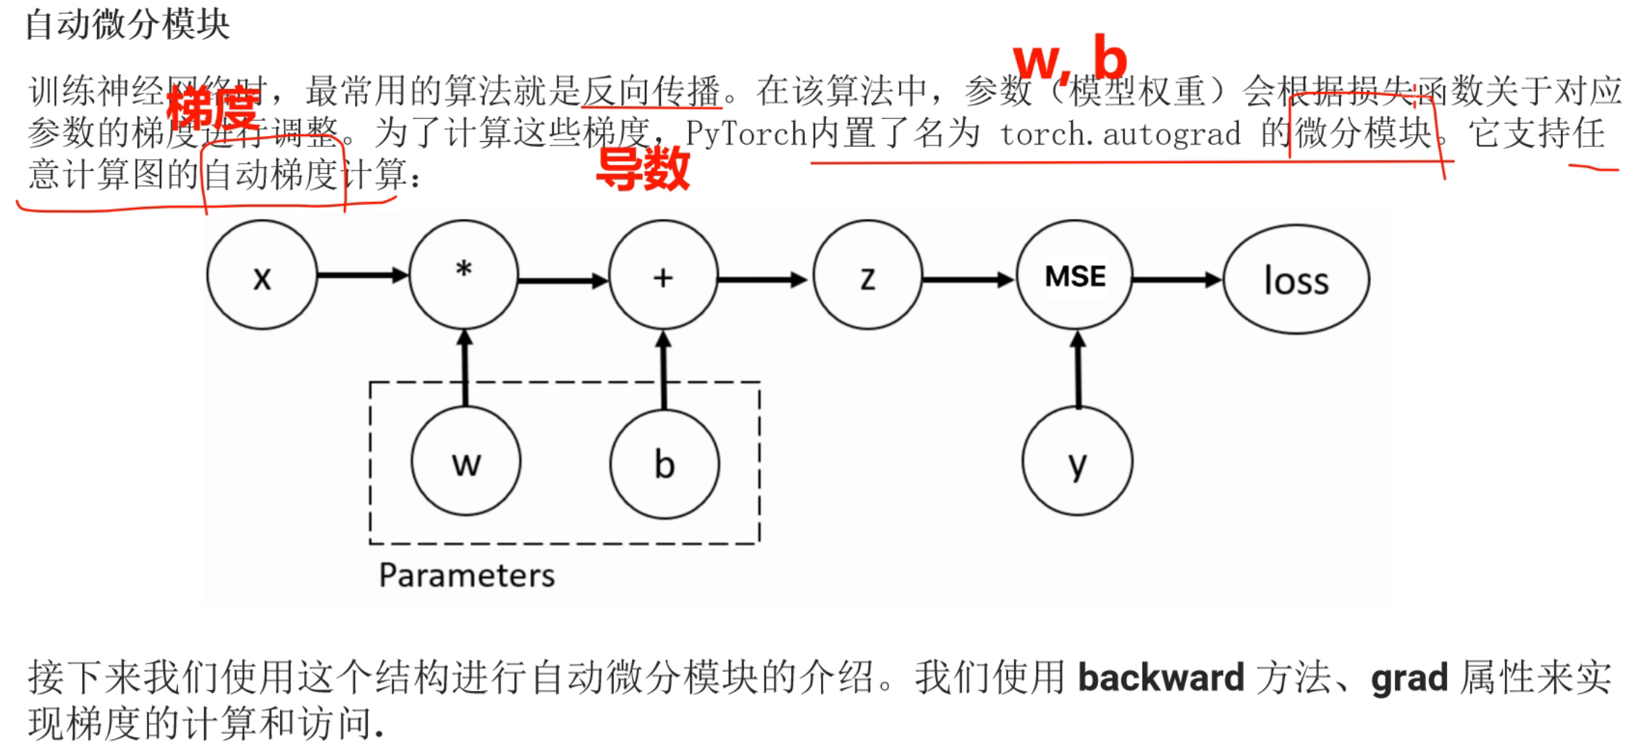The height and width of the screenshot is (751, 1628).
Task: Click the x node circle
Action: (x=262, y=275)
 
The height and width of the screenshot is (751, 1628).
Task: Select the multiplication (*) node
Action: (x=464, y=275)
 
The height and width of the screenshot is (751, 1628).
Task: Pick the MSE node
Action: (x=1075, y=275)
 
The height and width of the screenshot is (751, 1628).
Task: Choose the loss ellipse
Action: (x=1296, y=280)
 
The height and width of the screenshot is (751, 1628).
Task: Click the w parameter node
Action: (x=466, y=461)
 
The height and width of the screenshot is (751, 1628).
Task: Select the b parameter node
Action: (x=665, y=463)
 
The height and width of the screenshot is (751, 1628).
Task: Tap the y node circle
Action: (x=1077, y=461)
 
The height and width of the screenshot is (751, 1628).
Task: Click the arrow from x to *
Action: (x=362, y=275)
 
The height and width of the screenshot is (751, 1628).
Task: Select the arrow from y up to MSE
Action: (x=1078, y=369)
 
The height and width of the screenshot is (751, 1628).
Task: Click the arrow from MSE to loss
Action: (x=1176, y=280)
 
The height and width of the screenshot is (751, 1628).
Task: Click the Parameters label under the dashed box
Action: (x=467, y=576)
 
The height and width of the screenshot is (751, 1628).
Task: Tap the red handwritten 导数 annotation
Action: (x=642, y=169)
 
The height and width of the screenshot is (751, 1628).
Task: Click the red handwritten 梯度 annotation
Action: (x=213, y=109)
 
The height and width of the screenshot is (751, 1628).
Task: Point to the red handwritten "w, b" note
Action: (x=1070, y=58)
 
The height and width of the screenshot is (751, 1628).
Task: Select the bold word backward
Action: (x=1161, y=678)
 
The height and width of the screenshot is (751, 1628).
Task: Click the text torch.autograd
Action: (x=1120, y=134)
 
